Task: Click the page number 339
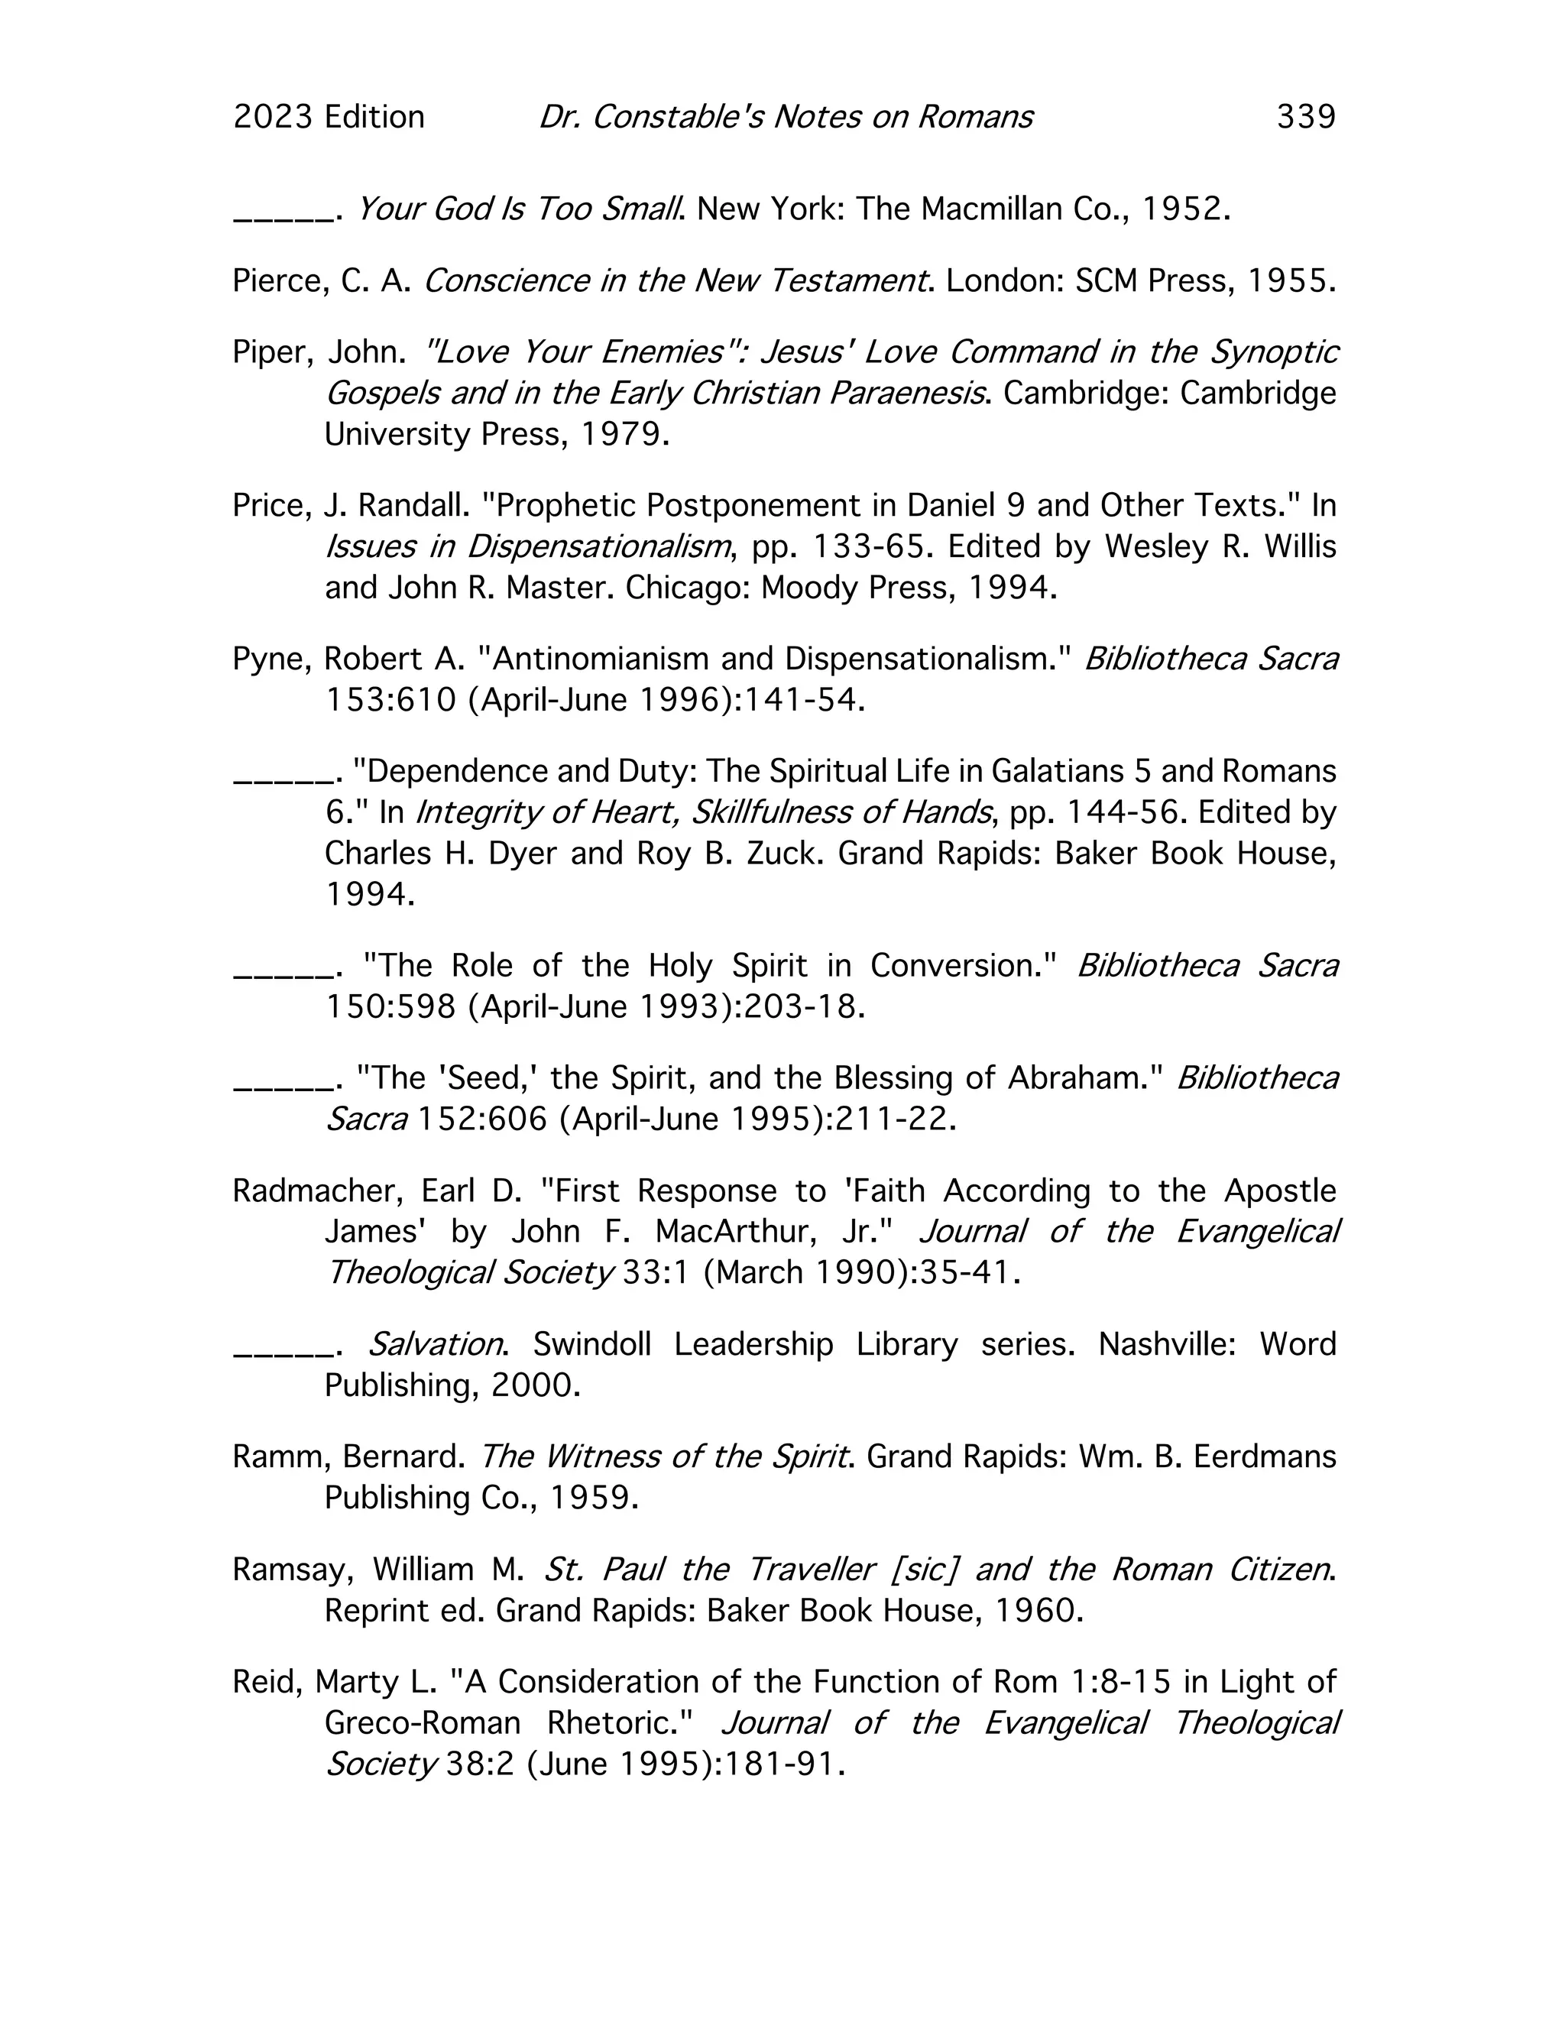point(1305,117)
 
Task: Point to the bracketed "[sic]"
point(923,1570)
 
